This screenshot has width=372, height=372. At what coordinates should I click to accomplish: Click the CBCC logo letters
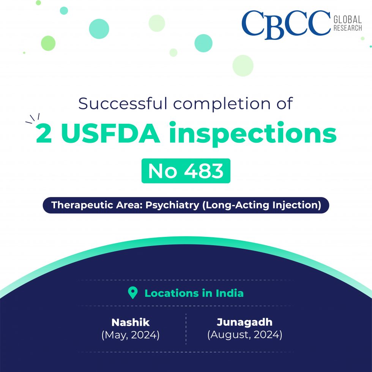point(286,24)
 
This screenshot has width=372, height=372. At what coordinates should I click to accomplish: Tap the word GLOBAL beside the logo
point(347,19)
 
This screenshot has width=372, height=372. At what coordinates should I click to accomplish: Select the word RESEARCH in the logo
point(347,28)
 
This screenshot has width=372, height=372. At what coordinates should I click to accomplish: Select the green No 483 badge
point(186,171)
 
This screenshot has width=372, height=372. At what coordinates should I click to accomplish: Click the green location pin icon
point(132,293)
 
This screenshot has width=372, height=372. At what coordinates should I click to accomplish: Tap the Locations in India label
point(194,293)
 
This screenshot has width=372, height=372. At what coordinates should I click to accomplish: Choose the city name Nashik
point(131,323)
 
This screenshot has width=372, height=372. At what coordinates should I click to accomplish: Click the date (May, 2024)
point(131,335)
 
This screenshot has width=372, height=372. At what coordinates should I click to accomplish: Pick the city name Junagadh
point(244,323)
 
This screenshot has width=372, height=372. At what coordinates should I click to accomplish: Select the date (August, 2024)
point(244,335)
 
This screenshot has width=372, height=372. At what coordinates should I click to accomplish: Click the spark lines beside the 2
point(32,118)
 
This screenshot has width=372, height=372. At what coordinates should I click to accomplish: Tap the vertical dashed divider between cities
point(186,329)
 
